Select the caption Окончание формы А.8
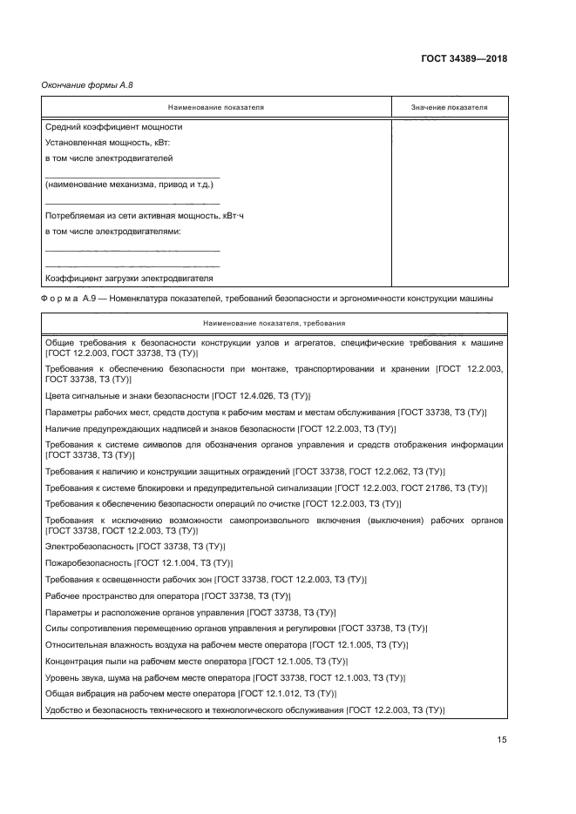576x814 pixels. coord(88,84)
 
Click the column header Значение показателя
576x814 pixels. coord(449,107)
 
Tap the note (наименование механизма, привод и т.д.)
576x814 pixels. coord(129,185)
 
